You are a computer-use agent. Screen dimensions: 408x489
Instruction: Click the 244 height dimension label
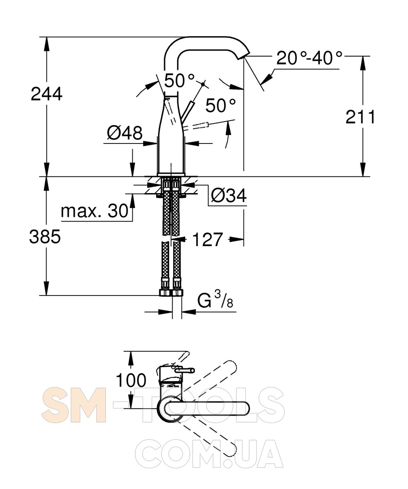pos(46,94)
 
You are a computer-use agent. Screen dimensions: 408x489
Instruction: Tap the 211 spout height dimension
pos(360,117)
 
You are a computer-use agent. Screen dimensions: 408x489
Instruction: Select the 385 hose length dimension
pos(45,236)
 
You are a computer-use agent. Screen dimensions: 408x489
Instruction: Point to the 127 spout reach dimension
pos(207,240)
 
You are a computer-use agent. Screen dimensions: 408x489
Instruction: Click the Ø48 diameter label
pos(125,132)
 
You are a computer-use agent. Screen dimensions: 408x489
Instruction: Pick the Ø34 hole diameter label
pos(229,195)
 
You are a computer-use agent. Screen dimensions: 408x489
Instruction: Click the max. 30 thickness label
pos(95,211)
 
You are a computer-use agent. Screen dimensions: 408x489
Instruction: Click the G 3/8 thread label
pos(215,300)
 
